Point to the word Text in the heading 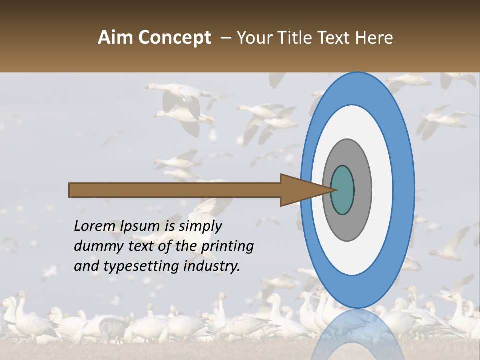[x=335, y=37]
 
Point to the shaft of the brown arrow [x=175, y=190]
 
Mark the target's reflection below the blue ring [x=357, y=332]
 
